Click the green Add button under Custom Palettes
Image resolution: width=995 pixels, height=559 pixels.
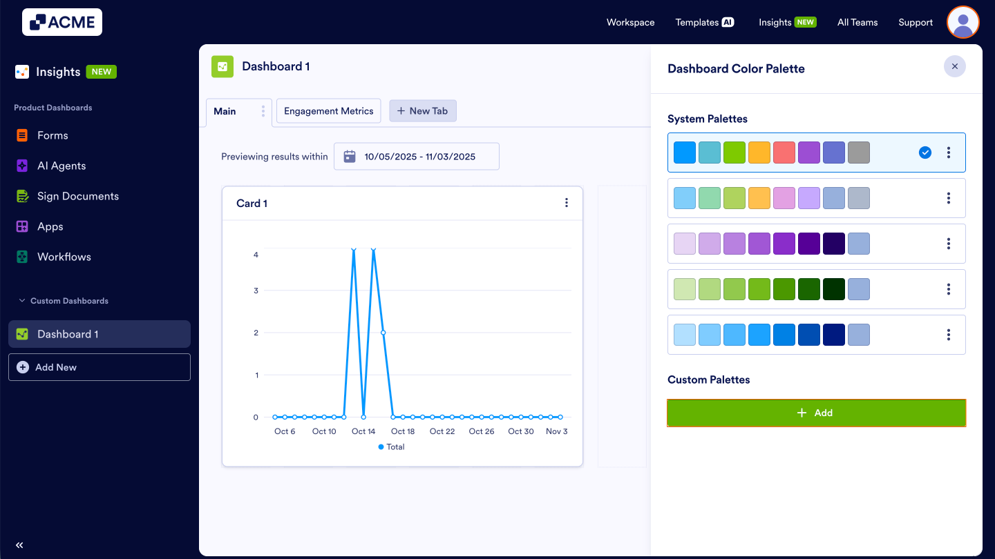816,413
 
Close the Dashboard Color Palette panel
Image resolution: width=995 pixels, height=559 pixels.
954,66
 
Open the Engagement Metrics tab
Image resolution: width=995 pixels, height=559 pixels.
328,111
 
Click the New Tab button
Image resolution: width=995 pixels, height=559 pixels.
422,111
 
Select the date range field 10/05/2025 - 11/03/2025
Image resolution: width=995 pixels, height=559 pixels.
416,157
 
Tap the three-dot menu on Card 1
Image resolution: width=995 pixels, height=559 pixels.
567,203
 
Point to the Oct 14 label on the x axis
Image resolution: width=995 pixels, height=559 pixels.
363,431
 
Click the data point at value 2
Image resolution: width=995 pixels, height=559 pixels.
383,333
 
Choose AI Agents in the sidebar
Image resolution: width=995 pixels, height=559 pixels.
61,166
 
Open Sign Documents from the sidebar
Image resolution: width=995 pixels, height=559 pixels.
77,196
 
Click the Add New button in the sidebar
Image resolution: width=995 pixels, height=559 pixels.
99,367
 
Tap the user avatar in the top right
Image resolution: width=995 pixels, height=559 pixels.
963,23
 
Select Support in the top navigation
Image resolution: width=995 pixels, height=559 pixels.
916,23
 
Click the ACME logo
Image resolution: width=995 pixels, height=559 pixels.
62,22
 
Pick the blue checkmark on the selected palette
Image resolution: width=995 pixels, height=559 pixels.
925,153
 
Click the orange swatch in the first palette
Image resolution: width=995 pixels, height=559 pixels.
759,153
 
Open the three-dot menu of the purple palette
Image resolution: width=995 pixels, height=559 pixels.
949,244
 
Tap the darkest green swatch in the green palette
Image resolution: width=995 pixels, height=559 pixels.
834,289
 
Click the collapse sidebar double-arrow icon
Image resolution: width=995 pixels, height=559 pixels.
19,545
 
